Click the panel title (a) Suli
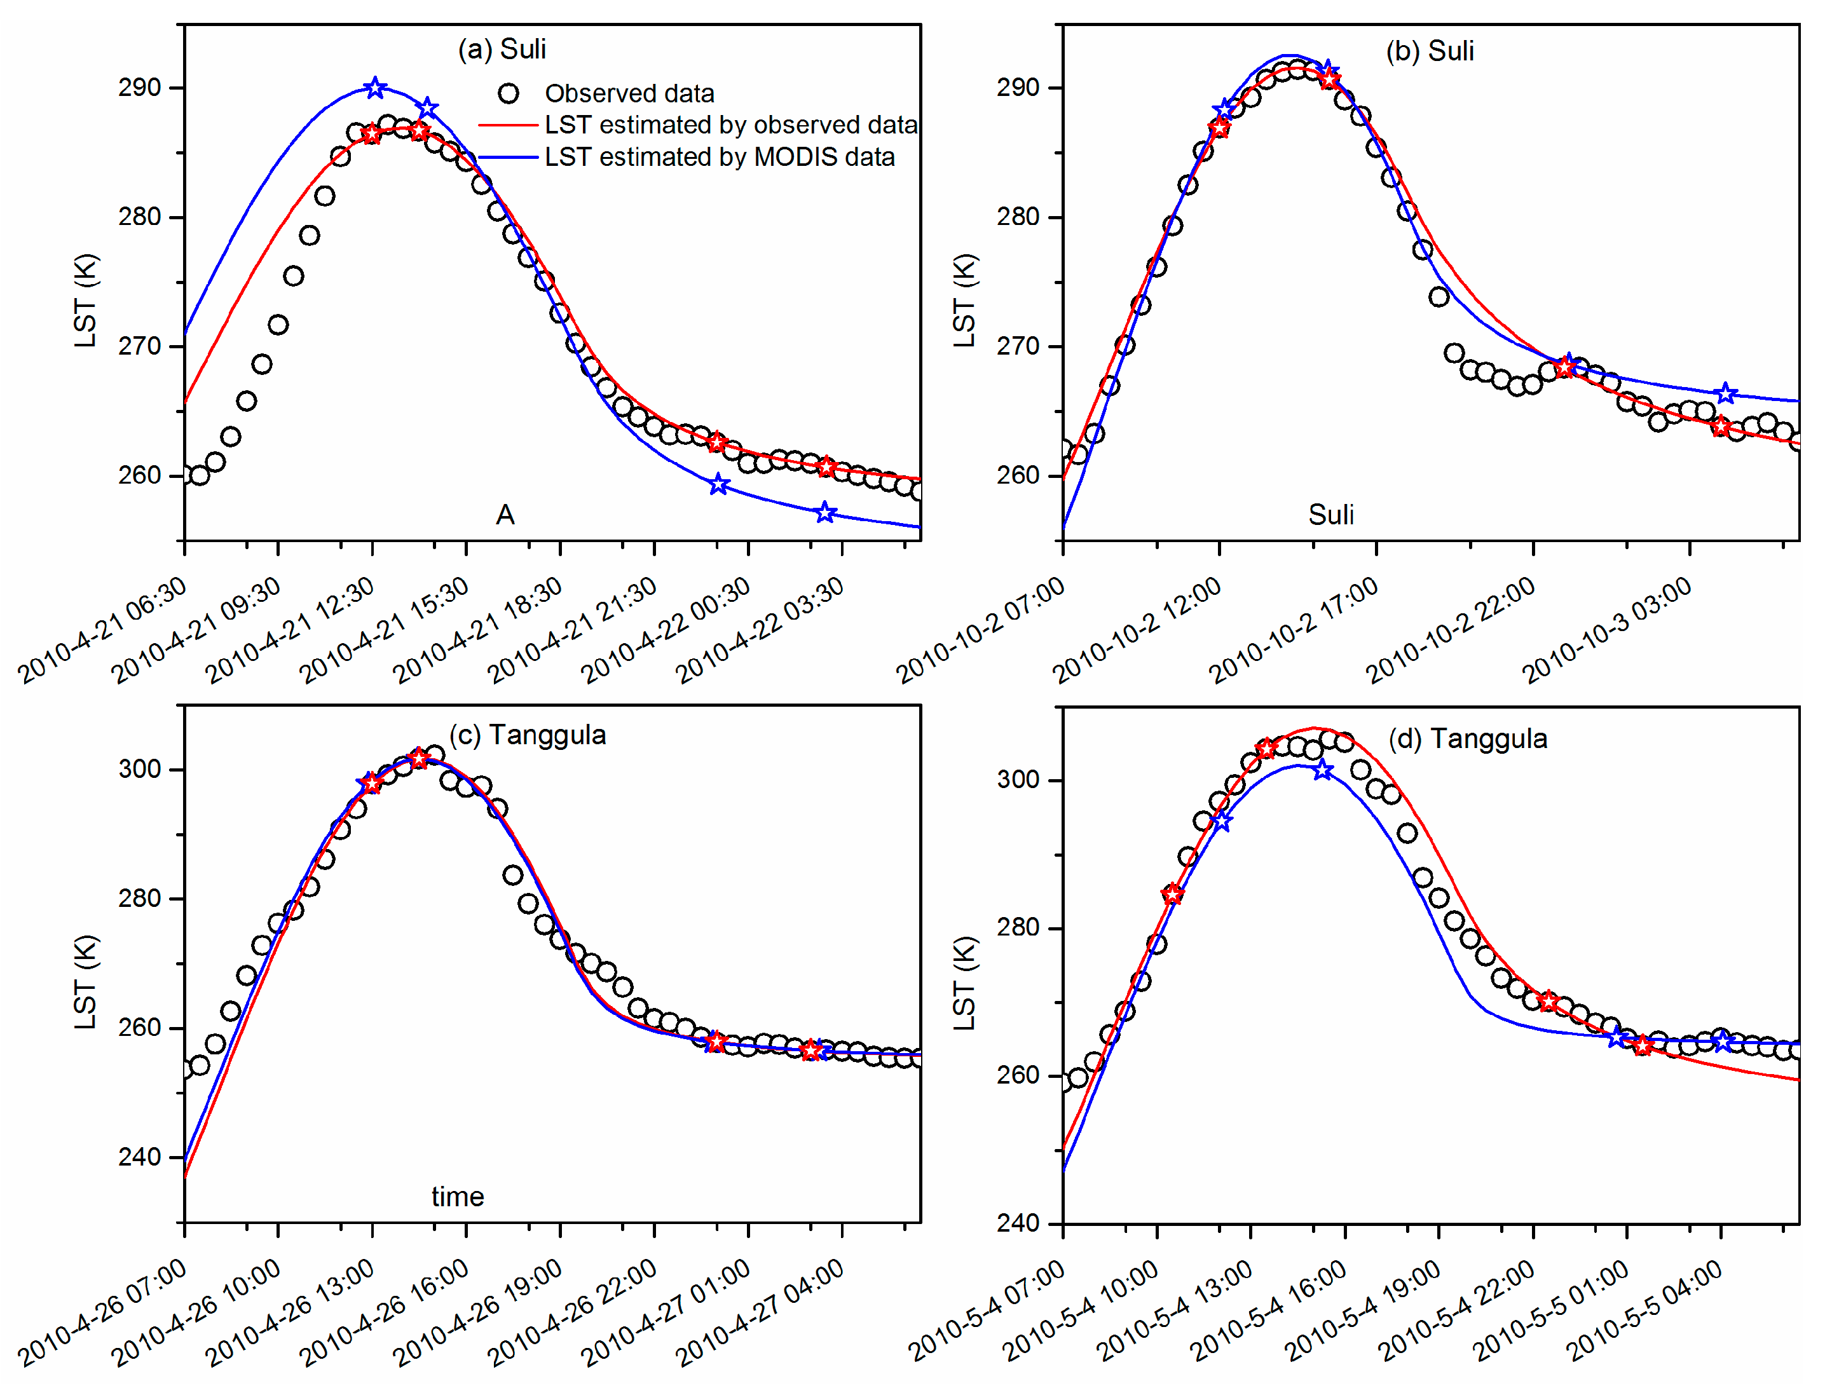(x=502, y=50)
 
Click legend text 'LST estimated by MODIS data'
(x=719, y=157)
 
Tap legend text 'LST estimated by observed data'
(x=731, y=125)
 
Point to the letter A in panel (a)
(x=505, y=515)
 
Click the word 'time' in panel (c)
(x=458, y=1197)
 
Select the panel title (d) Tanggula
(x=1467, y=738)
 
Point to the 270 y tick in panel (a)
(x=139, y=346)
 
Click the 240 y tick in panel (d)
(x=1018, y=1223)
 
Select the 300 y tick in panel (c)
(x=139, y=769)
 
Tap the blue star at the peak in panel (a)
(x=376, y=87)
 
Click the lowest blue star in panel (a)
(x=824, y=513)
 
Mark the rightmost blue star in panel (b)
(x=1726, y=393)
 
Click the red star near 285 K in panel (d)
(x=1172, y=894)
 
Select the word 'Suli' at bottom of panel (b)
(x=1330, y=515)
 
